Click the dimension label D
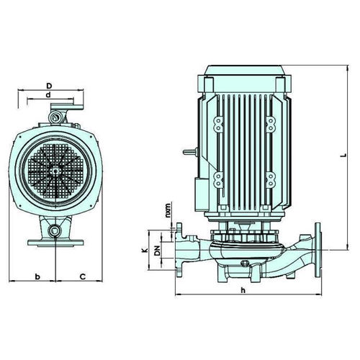point(49,86)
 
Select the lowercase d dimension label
point(48,95)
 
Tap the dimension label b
point(37,276)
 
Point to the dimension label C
point(83,276)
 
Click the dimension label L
point(344,155)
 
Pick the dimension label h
point(243,290)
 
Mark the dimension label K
point(144,251)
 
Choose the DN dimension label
point(157,251)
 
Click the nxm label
point(168,210)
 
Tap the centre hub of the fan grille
point(55,171)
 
